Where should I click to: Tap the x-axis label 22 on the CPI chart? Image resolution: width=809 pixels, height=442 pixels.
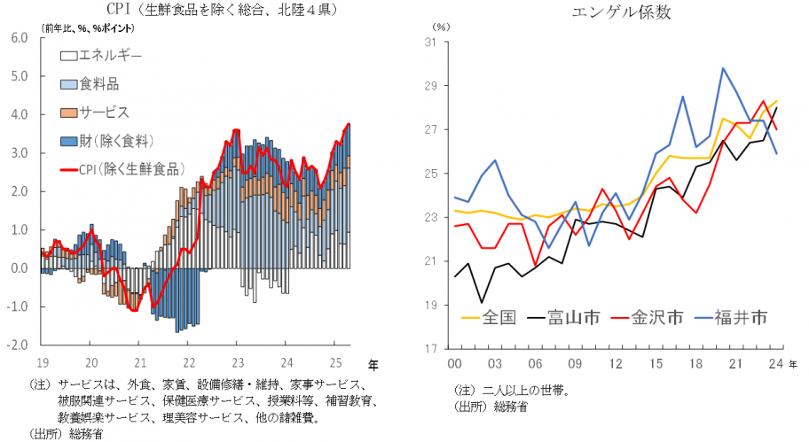[x=189, y=361]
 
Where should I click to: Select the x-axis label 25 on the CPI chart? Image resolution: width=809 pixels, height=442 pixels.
[x=336, y=361]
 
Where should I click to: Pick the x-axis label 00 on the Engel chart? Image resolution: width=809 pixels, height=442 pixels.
[x=454, y=364]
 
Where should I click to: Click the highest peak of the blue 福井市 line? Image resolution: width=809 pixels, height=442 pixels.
[x=723, y=68]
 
